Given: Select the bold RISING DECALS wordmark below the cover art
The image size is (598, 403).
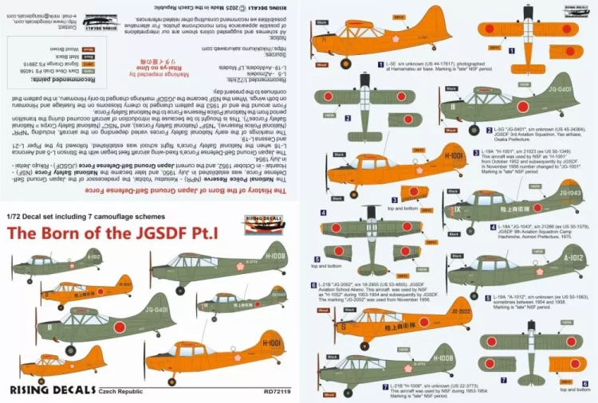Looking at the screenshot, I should [x=50, y=390].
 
